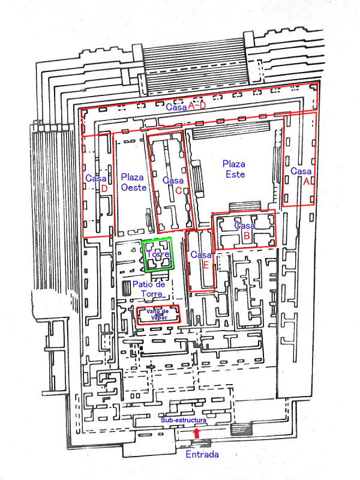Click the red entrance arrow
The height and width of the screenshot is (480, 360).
point(197,433)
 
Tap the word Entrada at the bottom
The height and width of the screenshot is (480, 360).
point(202,454)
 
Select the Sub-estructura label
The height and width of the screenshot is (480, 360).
point(184,421)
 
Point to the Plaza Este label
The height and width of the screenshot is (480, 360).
point(234,169)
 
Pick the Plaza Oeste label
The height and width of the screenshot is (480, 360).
point(133,182)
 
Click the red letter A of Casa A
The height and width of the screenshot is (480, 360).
point(306,182)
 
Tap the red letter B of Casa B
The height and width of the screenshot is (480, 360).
point(247,236)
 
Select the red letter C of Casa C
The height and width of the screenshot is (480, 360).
point(178,191)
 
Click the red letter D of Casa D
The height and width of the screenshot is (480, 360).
point(104,189)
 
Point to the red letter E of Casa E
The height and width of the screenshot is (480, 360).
point(206,265)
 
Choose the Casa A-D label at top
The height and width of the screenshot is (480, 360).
point(186,106)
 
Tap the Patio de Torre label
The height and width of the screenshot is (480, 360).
point(149,289)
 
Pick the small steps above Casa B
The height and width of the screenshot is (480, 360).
point(245,206)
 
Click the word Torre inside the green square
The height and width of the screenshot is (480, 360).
point(158,254)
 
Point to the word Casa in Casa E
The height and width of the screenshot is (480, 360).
point(201,254)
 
